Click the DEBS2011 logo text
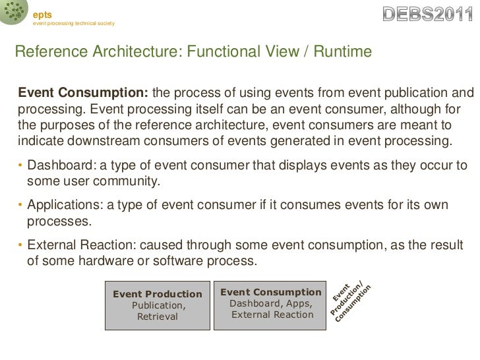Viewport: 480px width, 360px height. point(428,13)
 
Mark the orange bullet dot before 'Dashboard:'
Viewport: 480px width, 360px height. point(20,165)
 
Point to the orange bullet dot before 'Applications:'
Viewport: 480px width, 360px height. point(20,207)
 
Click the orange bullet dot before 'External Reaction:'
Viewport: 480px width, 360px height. point(20,247)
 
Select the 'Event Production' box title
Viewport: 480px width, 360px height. point(158,293)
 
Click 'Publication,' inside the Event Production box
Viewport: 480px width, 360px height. point(158,305)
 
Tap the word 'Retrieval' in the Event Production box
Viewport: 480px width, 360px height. point(157,316)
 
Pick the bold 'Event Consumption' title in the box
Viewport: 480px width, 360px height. point(270,291)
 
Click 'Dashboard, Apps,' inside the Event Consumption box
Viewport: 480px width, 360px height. point(271,303)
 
